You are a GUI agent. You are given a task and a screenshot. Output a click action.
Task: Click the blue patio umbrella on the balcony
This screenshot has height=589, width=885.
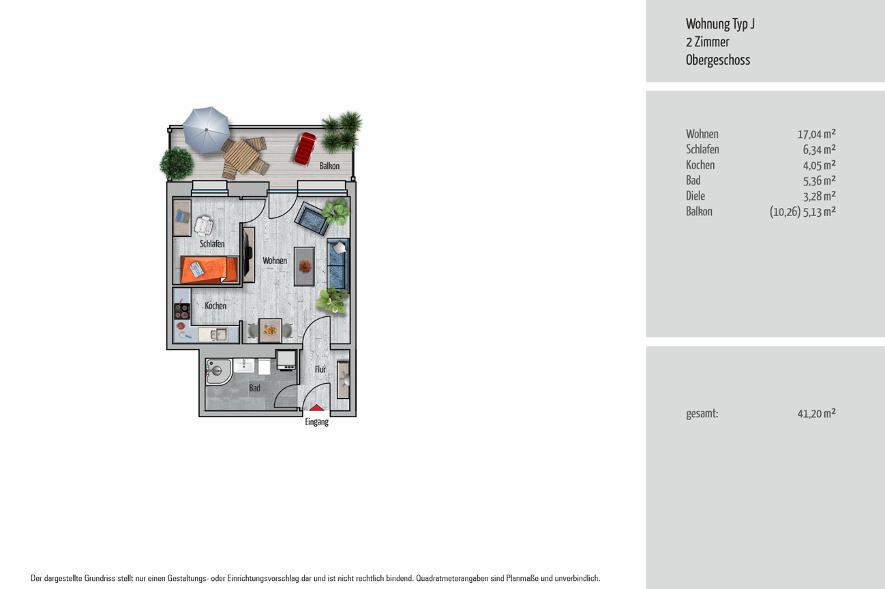click(x=206, y=130)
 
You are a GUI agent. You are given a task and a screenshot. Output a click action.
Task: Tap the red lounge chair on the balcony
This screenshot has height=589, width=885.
click(x=305, y=148)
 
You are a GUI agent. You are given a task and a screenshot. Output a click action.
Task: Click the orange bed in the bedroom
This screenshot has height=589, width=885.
click(x=209, y=270)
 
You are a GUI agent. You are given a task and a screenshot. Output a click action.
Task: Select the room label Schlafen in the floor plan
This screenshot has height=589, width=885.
click(x=212, y=244)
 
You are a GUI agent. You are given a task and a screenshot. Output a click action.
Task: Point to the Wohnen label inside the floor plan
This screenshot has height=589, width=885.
click(x=275, y=260)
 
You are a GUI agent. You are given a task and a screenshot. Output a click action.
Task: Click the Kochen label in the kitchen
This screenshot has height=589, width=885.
click(x=215, y=306)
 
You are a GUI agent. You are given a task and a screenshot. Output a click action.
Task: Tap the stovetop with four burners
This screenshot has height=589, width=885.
click(x=182, y=311)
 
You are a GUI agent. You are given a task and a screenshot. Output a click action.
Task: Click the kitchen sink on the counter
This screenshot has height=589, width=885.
click(x=215, y=335)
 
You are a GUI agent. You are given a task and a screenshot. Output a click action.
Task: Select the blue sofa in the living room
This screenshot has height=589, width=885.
click(x=337, y=265)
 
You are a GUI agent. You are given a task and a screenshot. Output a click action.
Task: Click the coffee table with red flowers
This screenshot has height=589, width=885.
click(x=304, y=267)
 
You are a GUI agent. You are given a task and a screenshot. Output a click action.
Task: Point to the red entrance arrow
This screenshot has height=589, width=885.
click(x=316, y=408)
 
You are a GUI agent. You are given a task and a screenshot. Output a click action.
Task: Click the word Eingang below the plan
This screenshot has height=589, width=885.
click(x=316, y=422)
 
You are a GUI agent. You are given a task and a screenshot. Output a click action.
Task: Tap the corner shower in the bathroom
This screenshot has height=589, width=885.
click(x=218, y=372)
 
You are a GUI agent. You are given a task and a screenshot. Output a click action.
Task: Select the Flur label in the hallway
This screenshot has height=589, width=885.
click(x=320, y=369)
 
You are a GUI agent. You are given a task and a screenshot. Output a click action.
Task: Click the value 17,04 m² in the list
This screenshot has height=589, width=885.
click(x=816, y=134)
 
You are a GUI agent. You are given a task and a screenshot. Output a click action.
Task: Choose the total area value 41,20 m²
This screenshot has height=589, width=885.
click(x=816, y=414)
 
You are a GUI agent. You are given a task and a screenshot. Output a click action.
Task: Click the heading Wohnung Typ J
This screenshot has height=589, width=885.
click(x=720, y=24)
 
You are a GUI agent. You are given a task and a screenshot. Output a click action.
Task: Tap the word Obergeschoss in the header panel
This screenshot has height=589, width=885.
click(x=718, y=60)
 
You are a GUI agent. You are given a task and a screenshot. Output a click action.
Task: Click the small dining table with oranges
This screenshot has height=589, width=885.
click(x=270, y=330)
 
